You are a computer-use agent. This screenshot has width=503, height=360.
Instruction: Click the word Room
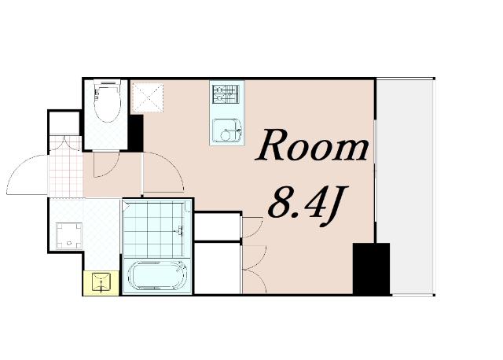[x=312, y=146]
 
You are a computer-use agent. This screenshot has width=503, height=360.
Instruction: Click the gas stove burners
[x=226, y=94]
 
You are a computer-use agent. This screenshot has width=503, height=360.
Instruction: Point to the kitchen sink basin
[x=227, y=130]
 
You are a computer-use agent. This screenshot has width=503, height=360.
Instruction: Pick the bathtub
[x=157, y=276]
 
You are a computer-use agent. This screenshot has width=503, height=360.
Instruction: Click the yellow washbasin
[x=101, y=283]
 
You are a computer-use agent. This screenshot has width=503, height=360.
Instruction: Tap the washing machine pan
[x=68, y=236]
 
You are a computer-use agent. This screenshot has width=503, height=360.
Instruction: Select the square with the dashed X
[x=148, y=98]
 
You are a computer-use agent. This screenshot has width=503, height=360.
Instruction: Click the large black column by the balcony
[x=371, y=269]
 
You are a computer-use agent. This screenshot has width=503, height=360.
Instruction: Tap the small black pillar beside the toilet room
[x=135, y=133]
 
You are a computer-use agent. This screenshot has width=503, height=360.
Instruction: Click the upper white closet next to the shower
[x=218, y=226]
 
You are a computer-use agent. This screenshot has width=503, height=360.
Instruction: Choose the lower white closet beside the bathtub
[x=218, y=268]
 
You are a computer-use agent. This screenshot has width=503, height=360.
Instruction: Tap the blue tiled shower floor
[x=153, y=229]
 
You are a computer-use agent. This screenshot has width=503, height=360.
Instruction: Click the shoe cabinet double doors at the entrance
[x=65, y=142]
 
